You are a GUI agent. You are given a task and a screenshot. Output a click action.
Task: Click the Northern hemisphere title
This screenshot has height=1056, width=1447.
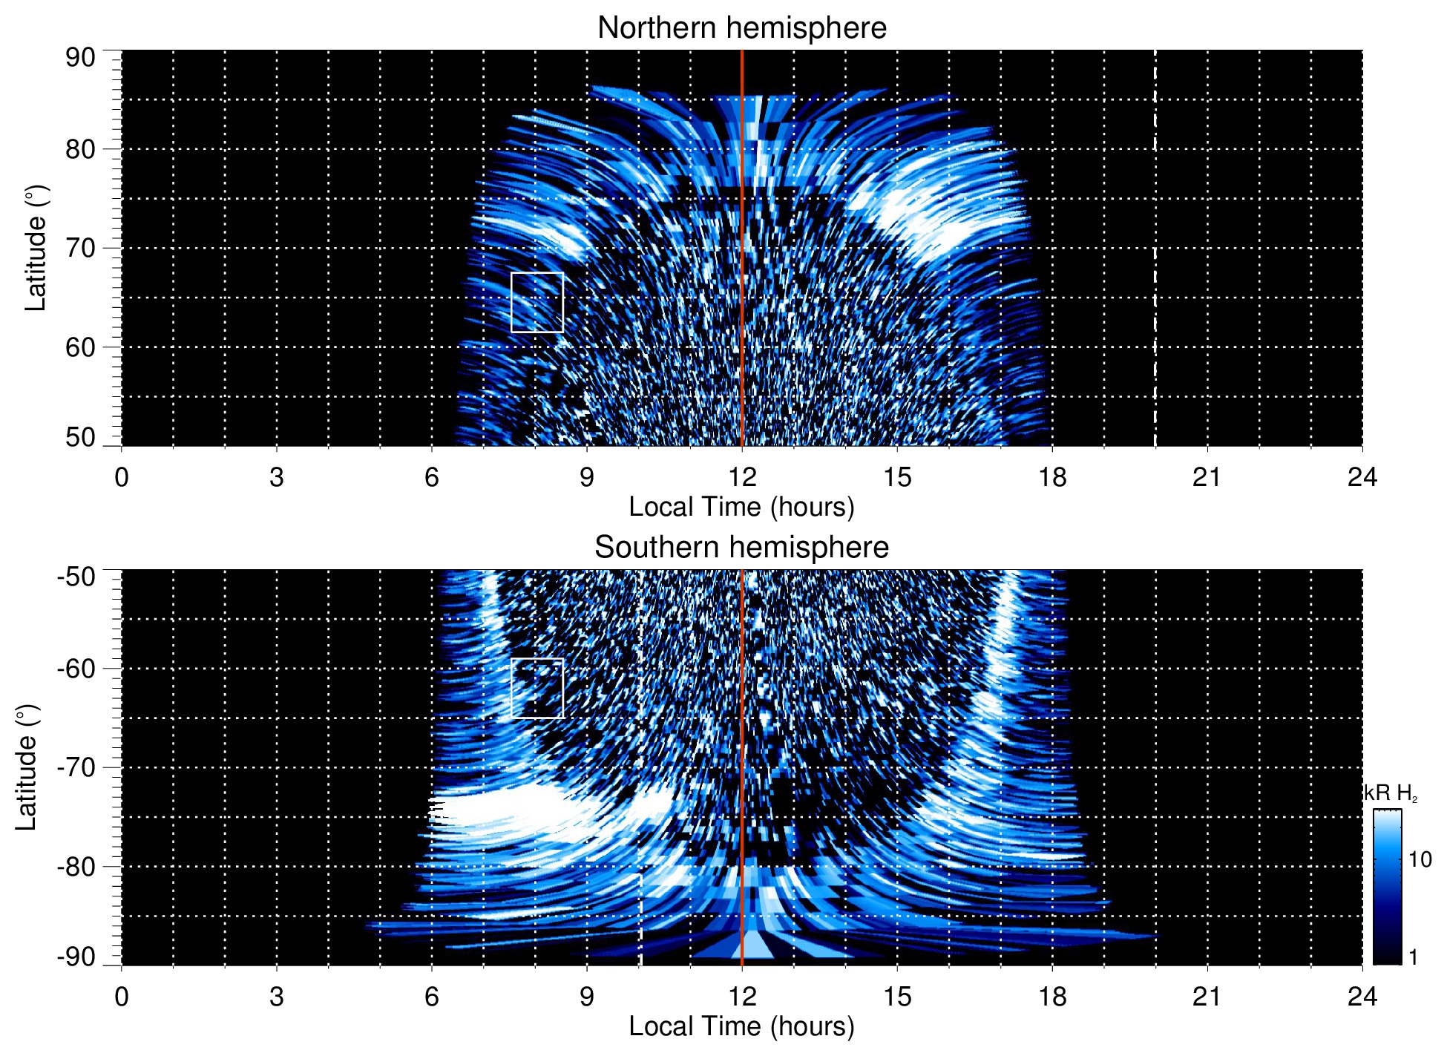[x=741, y=28]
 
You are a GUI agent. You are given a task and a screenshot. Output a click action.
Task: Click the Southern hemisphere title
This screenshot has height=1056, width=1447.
[x=741, y=548]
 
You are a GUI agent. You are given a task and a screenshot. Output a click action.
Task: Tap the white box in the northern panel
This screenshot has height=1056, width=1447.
[x=537, y=302]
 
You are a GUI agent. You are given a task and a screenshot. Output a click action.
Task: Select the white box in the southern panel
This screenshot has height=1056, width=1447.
[x=537, y=688]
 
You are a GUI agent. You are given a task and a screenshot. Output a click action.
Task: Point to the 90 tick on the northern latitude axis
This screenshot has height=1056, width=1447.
[x=80, y=58]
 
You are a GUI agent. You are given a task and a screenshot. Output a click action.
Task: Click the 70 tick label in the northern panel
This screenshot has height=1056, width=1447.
[x=80, y=248]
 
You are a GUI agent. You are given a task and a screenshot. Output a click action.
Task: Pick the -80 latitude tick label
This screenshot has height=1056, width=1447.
[x=76, y=866]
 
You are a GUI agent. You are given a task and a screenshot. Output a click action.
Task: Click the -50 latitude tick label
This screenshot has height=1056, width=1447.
[x=76, y=577]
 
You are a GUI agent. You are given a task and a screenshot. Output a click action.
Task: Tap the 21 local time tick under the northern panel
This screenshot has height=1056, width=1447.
[x=1207, y=477]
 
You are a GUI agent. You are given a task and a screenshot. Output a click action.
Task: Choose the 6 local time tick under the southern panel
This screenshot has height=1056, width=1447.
[x=432, y=997]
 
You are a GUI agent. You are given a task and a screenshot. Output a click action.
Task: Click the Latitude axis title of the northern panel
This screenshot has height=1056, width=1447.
[x=36, y=248]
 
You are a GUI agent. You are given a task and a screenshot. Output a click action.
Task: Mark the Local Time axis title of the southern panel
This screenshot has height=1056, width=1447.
[x=741, y=1026]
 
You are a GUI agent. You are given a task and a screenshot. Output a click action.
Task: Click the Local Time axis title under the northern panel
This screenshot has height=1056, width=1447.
[x=741, y=507]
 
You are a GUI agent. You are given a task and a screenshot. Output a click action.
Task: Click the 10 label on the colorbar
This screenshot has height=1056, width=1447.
[x=1420, y=859]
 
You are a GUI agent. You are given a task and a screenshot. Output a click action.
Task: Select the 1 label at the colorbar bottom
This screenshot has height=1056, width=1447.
[x=1413, y=957]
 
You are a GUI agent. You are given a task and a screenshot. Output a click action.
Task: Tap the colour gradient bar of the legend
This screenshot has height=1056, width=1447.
[x=1386, y=887]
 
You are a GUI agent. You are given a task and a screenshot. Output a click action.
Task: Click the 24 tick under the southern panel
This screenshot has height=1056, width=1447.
[x=1362, y=997]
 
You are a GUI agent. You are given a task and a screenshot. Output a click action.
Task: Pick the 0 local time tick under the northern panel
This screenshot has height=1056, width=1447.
[x=122, y=477]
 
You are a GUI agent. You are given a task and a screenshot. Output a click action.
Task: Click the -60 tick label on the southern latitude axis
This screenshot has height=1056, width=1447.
[x=76, y=668]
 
